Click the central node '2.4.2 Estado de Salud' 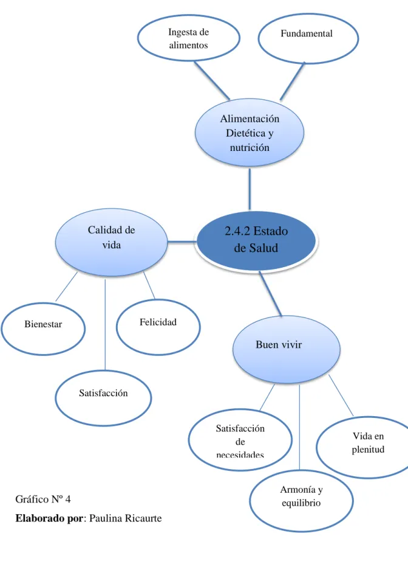pyautogui.click(x=256, y=241)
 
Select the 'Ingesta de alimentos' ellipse pyautogui.click(x=189, y=38)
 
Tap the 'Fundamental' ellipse pyautogui.click(x=308, y=38)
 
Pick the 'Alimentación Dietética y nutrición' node pyautogui.click(x=250, y=133)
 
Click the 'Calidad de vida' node pyautogui.click(x=112, y=242)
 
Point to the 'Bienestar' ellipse pyautogui.click(x=43, y=329)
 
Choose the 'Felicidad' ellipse pyautogui.click(x=158, y=327)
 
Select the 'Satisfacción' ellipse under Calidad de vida pyautogui.click(x=104, y=398)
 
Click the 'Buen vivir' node pyautogui.click(x=287, y=349)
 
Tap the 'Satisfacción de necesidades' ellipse pyautogui.click(x=240, y=440)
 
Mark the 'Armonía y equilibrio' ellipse pyautogui.click(x=301, y=501)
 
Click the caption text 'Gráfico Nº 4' pyautogui.click(x=43, y=499)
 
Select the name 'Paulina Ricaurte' pyautogui.click(x=125, y=518)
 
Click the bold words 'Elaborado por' pyautogui.click(x=49, y=518)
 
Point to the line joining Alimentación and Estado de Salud pyautogui.click(x=250, y=189)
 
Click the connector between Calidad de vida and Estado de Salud pyautogui.click(x=182, y=242)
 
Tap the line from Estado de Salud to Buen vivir pyautogui.click(x=271, y=294)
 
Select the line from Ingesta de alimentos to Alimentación pyautogui.click(x=212, y=80)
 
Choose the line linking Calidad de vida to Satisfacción pyautogui.click(x=105, y=324)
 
